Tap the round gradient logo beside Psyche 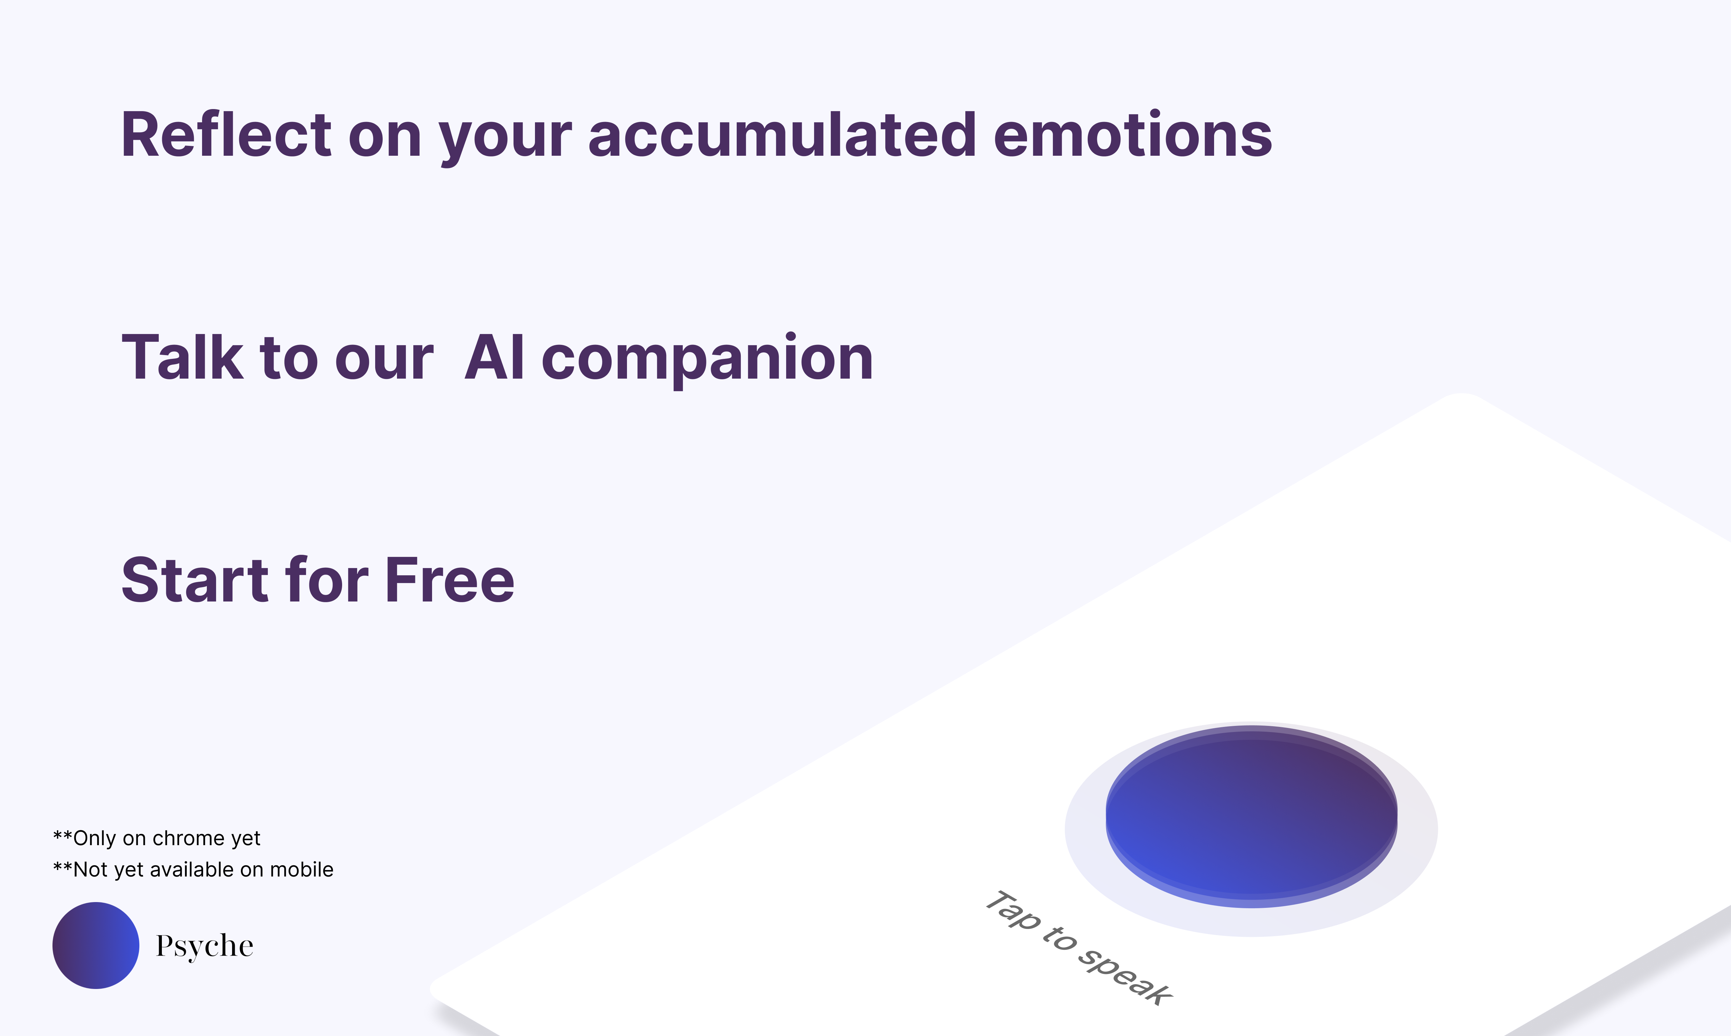click(x=96, y=945)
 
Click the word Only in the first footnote click(x=94, y=838)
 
